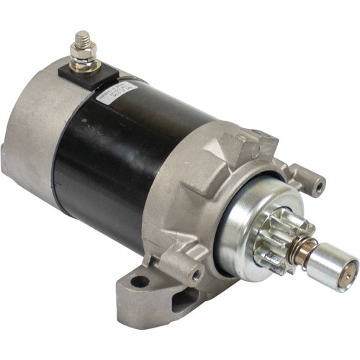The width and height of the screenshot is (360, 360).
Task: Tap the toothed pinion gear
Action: (284, 237)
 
